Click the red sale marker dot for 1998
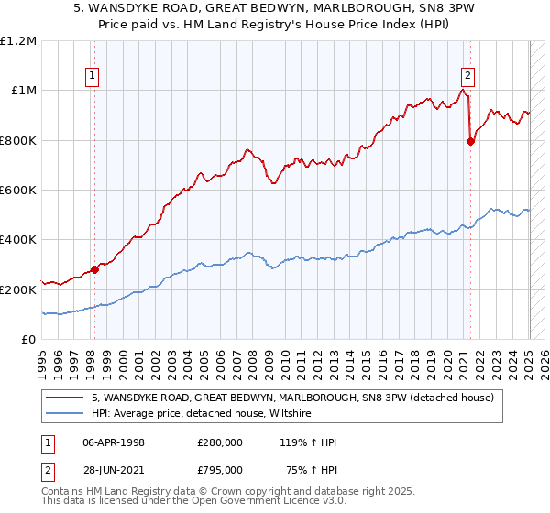tap(94, 269)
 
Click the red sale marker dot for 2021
tap(470, 141)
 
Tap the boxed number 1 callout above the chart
tap(93, 76)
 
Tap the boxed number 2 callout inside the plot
tap(467, 76)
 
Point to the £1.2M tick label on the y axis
tap(19, 41)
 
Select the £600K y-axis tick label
tap(19, 191)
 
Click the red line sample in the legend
tap(65, 397)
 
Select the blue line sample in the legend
tap(65, 412)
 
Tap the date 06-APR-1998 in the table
tap(115, 442)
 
